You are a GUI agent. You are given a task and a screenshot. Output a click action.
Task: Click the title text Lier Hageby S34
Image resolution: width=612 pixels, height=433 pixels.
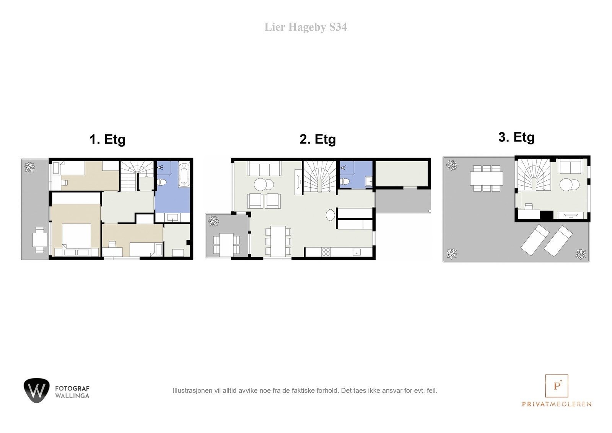tap(306, 27)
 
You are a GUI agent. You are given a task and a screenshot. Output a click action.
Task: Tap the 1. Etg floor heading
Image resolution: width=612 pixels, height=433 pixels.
tap(107, 139)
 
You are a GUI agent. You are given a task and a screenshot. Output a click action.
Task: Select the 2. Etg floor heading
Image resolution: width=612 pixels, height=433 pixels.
tap(317, 139)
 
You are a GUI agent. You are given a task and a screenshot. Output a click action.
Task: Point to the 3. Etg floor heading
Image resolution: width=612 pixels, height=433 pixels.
tap(516, 137)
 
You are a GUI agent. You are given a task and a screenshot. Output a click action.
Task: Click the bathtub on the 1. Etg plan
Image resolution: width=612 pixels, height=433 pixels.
tap(184, 175)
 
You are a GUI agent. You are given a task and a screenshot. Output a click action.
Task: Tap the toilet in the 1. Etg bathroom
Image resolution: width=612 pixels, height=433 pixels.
tap(162, 182)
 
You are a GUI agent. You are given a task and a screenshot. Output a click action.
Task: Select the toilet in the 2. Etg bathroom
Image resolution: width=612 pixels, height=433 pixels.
tap(345, 181)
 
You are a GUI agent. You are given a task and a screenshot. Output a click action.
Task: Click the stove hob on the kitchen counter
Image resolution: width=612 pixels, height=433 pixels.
tap(326, 252)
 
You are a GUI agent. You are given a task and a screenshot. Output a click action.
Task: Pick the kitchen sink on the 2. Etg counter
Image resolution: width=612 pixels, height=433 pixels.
tap(356, 252)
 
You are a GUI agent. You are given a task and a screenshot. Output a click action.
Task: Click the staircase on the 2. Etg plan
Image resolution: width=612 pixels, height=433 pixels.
tap(319, 176)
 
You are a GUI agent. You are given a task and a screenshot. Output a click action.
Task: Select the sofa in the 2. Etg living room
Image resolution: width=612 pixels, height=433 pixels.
tap(264, 168)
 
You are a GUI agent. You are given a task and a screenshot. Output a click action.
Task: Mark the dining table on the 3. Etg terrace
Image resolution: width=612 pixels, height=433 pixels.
tap(486, 178)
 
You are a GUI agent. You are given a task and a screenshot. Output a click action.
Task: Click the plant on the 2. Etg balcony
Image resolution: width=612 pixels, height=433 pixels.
tap(213, 221)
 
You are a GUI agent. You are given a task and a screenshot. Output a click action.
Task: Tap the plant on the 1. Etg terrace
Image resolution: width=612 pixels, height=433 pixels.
tap(29, 167)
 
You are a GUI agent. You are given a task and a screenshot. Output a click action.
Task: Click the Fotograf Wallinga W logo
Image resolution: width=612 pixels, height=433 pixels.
tap(37, 391)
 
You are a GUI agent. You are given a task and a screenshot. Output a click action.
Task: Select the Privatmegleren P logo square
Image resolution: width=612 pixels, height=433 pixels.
tap(557, 386)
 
